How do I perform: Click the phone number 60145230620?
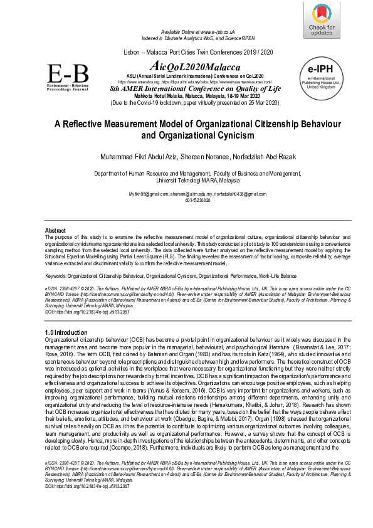click(x=186, y=200)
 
